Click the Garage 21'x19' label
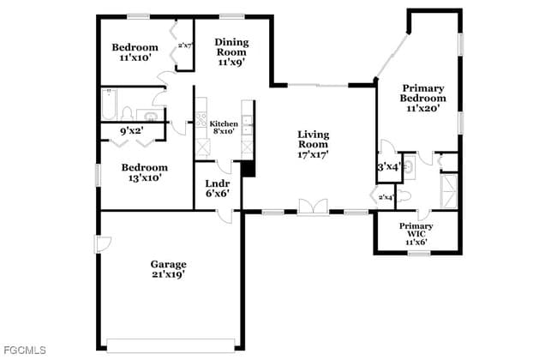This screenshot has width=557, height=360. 168,269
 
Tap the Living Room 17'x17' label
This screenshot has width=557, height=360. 313,144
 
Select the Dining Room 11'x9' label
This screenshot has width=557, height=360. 231,51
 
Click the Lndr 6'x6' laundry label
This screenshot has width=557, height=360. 216,189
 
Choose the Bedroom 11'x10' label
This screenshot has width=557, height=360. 135,52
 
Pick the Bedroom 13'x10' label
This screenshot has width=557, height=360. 143,172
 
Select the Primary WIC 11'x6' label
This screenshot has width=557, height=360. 416,235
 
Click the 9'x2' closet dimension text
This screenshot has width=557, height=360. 131,131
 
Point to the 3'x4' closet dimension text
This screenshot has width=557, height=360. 388,167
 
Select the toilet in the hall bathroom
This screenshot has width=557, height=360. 128,112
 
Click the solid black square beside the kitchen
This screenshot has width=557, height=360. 249,169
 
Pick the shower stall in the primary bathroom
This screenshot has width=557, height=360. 448,190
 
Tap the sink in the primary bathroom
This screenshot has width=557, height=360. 408,166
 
